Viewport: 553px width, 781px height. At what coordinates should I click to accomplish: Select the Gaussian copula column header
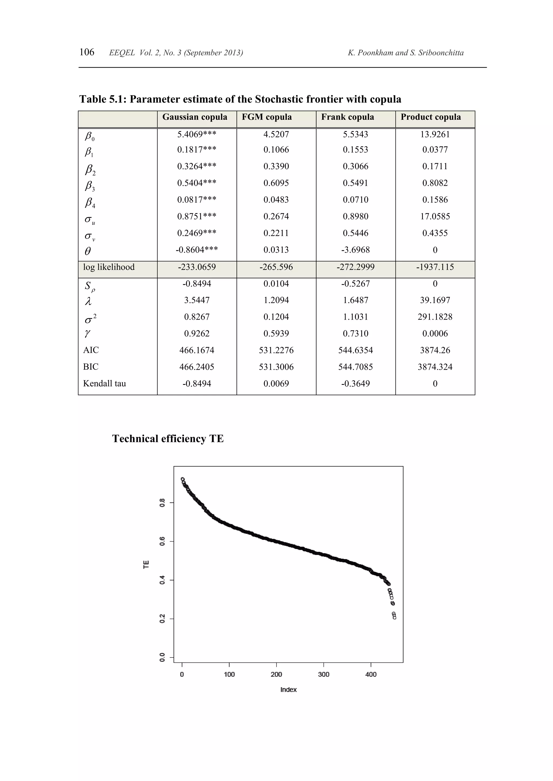195,117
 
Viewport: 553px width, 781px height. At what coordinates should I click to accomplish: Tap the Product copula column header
430,117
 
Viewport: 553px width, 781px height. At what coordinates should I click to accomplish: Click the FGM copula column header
267,117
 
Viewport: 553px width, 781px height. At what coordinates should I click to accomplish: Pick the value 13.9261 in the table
435,134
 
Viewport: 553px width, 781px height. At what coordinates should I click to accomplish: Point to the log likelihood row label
109,267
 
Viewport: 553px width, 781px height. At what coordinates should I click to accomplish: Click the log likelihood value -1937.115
435,267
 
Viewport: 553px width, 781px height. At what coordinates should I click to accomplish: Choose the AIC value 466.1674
197,350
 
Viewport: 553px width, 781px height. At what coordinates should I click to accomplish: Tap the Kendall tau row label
104,384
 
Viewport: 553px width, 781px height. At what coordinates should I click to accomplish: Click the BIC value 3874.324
435,367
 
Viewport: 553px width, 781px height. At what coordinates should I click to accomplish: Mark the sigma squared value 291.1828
435,317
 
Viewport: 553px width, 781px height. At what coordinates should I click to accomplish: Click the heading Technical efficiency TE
168,439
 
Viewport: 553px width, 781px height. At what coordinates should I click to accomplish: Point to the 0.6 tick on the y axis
163,541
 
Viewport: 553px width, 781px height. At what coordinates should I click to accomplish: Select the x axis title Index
288,690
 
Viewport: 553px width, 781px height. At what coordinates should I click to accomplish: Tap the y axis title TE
146,565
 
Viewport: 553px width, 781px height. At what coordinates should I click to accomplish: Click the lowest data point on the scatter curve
394,618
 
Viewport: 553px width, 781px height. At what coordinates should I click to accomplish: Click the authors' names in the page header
406,53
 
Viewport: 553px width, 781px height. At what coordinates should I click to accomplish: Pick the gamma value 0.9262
197,334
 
